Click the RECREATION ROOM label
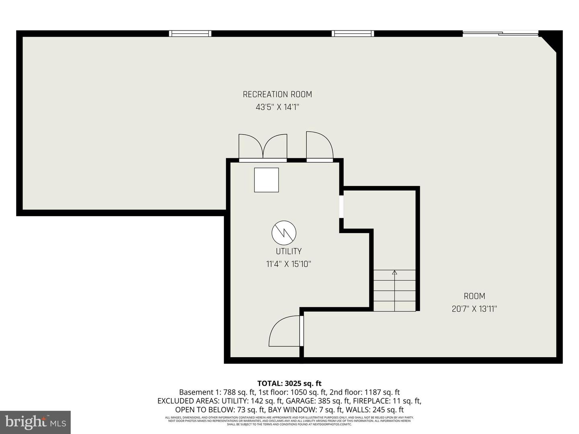277,94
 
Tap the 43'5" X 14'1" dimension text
277,107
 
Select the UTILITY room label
288,251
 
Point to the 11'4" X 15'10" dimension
288,264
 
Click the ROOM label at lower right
474,296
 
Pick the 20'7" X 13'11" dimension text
474,309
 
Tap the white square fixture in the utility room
266,180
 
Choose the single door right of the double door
319,147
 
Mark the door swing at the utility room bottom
285,331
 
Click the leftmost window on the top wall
190,34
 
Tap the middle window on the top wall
353,34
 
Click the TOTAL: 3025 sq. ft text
289,383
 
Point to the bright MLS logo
35,422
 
